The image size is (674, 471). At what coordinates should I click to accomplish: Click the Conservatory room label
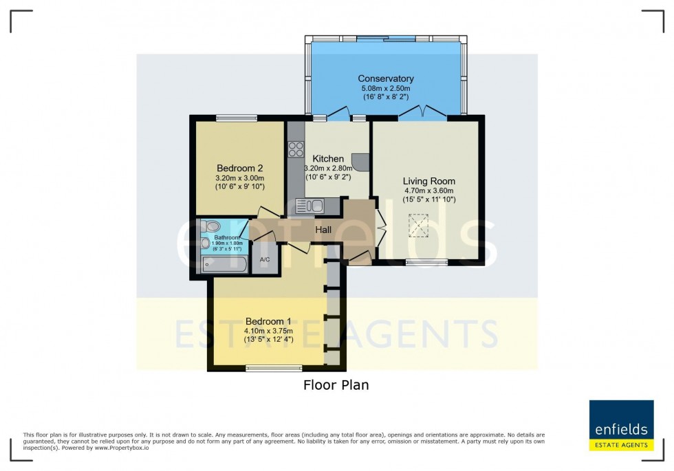pos(385,78)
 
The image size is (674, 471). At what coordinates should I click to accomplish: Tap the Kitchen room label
pos(328,159)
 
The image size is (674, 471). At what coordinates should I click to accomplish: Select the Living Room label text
pos(428,181)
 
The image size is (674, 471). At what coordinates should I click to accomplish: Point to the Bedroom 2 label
pos(239,168)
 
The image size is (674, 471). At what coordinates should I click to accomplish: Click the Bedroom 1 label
pos(268,321)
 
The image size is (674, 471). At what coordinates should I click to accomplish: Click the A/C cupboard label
pos(264,260)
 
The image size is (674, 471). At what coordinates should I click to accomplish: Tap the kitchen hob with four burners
pos(296,149)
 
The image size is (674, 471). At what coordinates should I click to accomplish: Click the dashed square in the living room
pos(417,225)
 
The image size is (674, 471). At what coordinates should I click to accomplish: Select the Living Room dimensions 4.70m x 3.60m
pos(428,191)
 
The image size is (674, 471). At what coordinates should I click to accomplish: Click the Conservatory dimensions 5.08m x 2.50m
pos(385,89)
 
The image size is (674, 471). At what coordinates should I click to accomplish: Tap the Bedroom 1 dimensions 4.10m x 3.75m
pos(268,331)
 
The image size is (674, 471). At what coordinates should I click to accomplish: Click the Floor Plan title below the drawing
pos(336,385)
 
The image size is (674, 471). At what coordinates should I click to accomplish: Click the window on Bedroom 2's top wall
pos(236,118)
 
